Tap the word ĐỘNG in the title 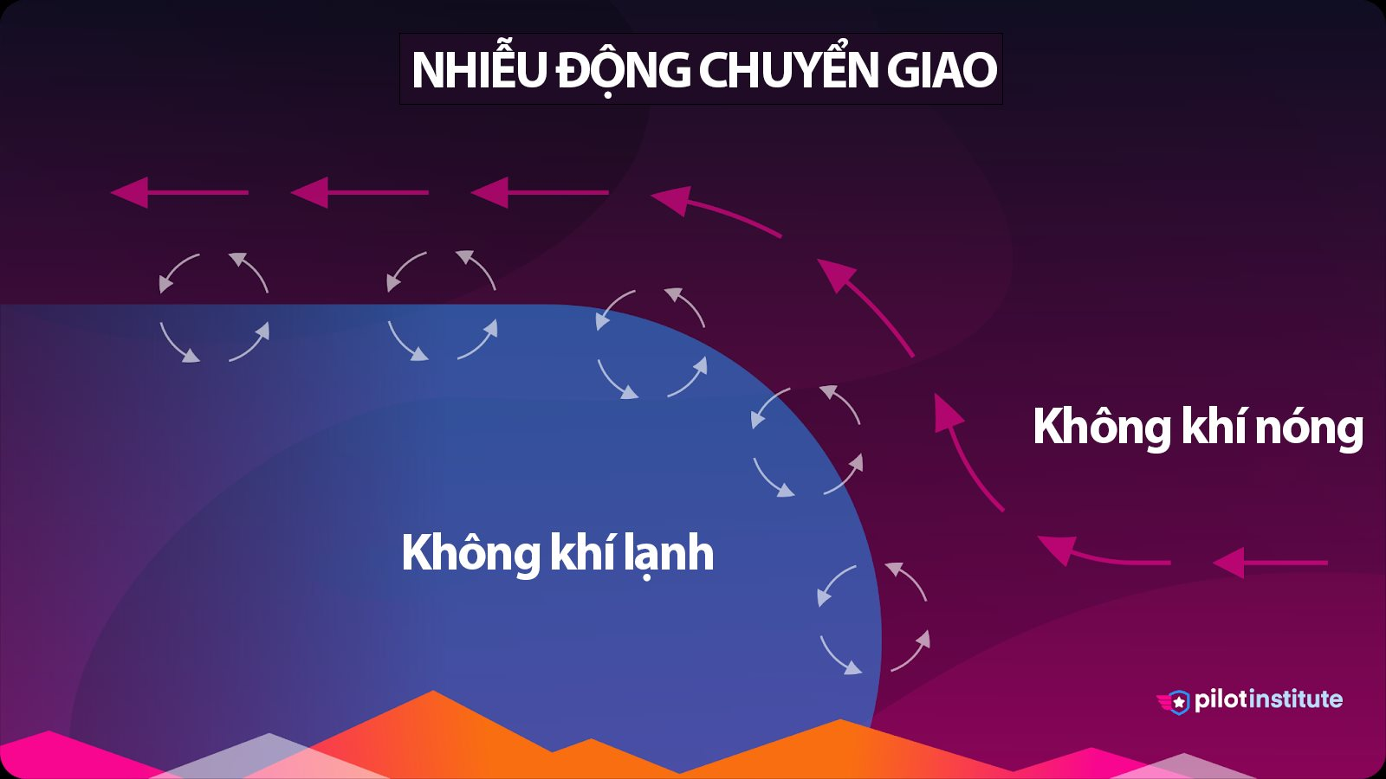(622, 69)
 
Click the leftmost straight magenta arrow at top (179, 192)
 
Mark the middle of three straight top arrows (359, 192)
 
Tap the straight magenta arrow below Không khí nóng (1270, 563)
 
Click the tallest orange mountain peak (433, 691)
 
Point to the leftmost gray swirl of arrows (214, 307)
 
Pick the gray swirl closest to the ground (873, 618)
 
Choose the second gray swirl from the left (442, 306)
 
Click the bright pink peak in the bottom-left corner (49, 732)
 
